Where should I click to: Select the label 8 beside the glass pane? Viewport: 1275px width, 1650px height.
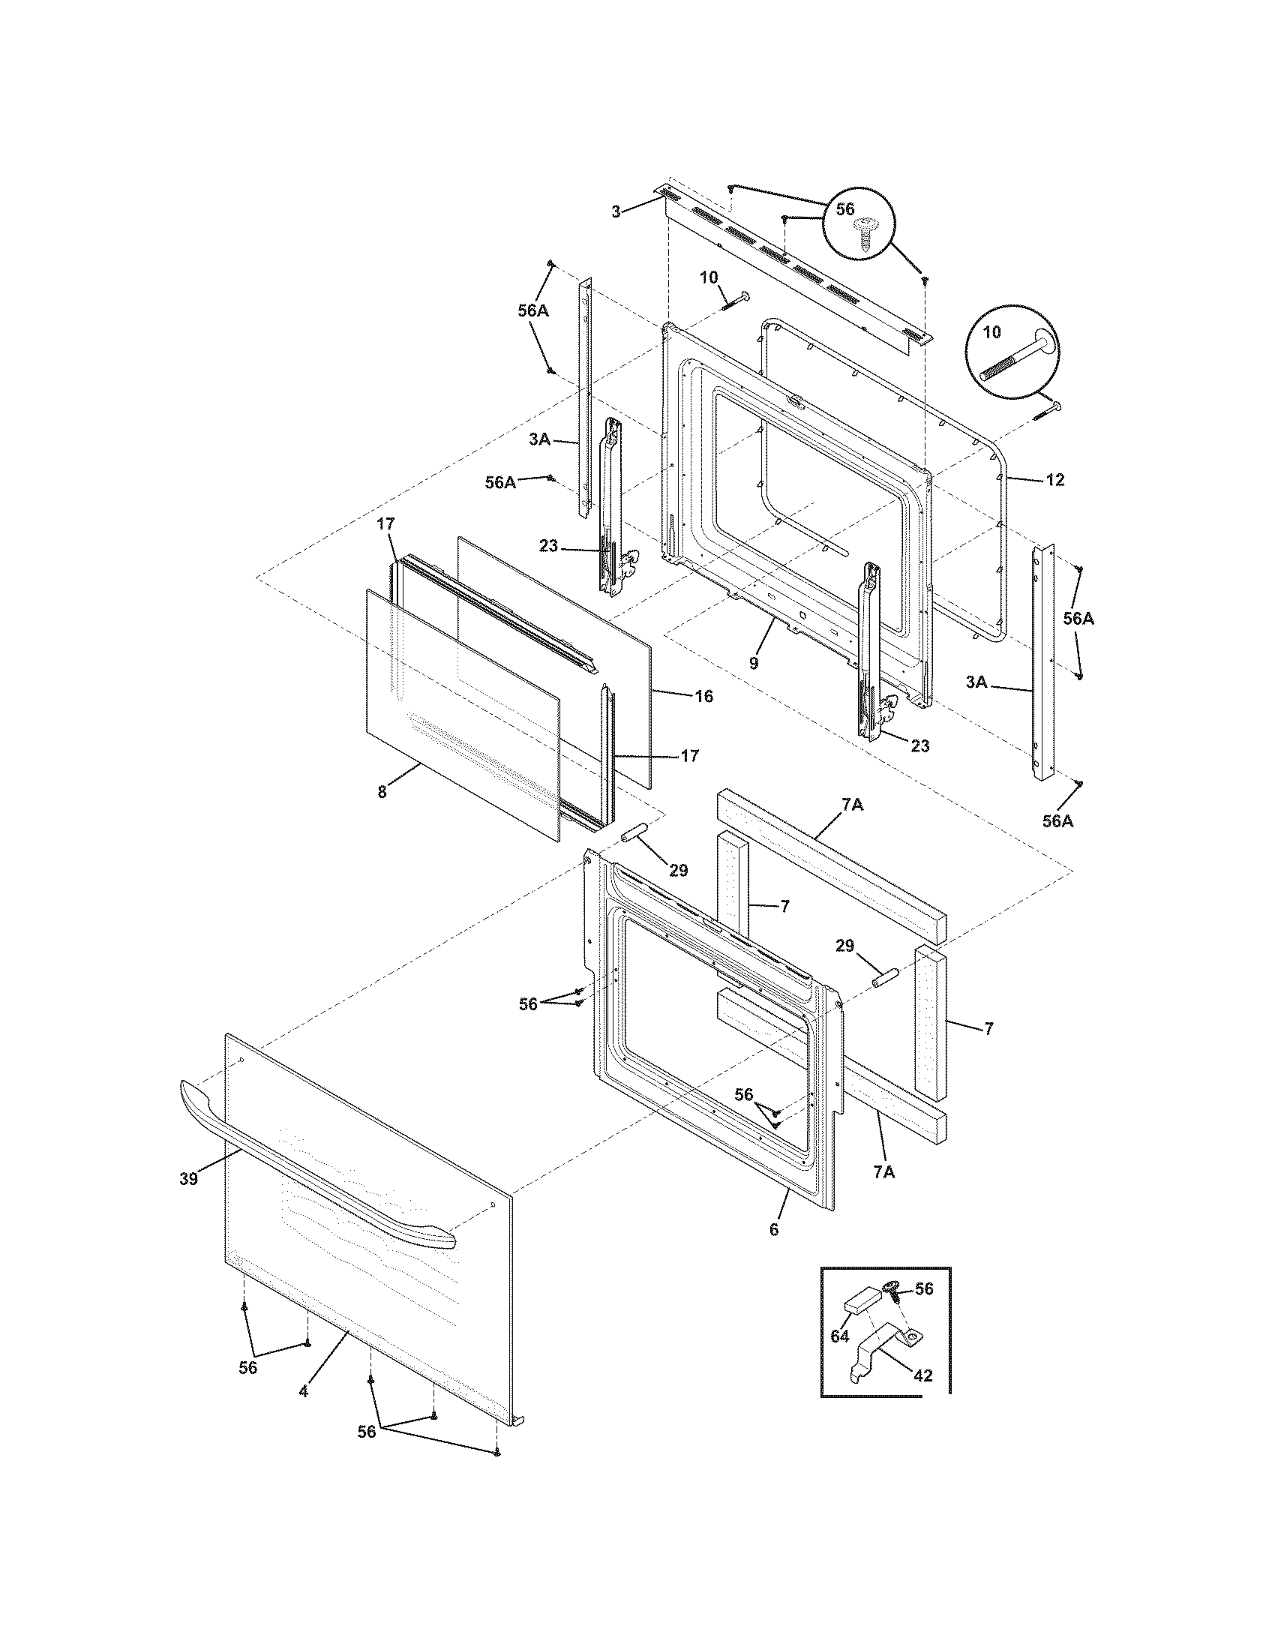point(382,793)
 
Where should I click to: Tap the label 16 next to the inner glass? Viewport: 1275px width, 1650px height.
point(703,696)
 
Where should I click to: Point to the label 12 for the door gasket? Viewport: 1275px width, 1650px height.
point(1055,480)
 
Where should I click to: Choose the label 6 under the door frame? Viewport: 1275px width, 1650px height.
point(773,1229)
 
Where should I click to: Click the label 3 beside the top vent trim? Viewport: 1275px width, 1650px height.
point(616,212)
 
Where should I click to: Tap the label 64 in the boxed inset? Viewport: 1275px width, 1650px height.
point(840,1336)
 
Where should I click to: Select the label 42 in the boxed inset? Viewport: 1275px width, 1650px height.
point(922,1375)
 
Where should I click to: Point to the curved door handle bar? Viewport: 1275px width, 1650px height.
point(317,1167)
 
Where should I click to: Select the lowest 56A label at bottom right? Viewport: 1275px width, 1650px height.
point(1057,821)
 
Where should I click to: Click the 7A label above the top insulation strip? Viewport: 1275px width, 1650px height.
point(852,806)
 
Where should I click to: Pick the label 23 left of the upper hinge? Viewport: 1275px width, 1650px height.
point(548,545)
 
